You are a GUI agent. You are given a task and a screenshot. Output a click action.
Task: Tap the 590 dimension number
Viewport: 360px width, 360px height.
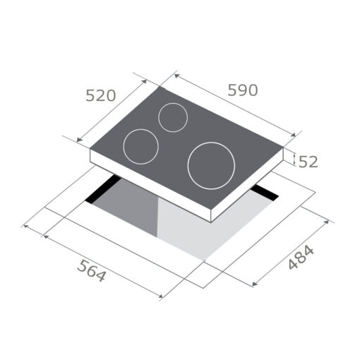242,90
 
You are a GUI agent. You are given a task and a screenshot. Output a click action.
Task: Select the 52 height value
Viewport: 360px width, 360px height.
308,162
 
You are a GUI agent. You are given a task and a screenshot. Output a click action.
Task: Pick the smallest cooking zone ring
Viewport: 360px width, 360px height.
172,117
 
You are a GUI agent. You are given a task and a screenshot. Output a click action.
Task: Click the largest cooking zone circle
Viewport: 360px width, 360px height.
211,165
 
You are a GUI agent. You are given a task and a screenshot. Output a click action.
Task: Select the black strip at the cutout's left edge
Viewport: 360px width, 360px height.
102,190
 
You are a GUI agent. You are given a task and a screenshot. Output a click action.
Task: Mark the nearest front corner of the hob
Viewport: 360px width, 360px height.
211,215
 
